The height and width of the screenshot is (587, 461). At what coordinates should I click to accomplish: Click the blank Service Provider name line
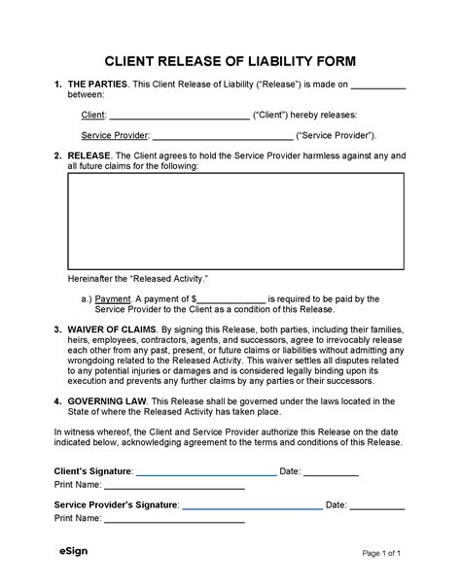click(x=222, y=136)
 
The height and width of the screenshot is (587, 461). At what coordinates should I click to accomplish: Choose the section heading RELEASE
click(x=89, y=155)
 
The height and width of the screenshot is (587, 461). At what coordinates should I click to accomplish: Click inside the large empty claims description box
click(x=235, y=220)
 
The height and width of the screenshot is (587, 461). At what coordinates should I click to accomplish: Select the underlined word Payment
click(x=114, y=299)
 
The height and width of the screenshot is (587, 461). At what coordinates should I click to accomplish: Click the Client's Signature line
click(x=205, y=472)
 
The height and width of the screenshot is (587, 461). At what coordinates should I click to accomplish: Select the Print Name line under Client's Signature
click(x=174, y=486)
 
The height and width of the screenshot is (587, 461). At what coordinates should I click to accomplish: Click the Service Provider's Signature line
click(x=252, y=506)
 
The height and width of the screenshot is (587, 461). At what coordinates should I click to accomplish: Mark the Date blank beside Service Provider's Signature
click(x=377, y=506)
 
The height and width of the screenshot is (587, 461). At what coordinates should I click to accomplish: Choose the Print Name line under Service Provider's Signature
click(x=174, y=520)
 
